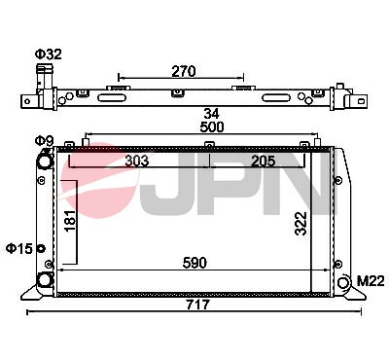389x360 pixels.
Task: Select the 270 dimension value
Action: [x=181, y=71]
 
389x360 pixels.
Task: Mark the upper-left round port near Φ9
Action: [x=44, y=162]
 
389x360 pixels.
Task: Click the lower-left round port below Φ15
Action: [x=44, y=281]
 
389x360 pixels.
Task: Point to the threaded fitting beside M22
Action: [x=345, y=283]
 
